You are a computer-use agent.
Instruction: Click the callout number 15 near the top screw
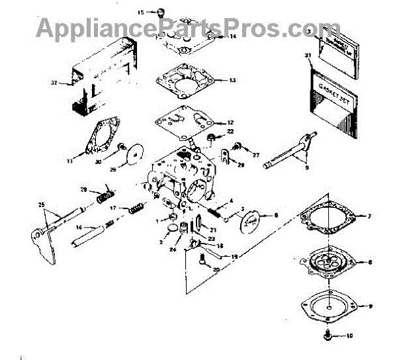(140, 12)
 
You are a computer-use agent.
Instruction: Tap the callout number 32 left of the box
(55, 83)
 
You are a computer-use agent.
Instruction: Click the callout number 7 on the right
(369, 216)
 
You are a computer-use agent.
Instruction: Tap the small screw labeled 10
(328, 335)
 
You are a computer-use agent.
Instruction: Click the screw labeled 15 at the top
(159, 11)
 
